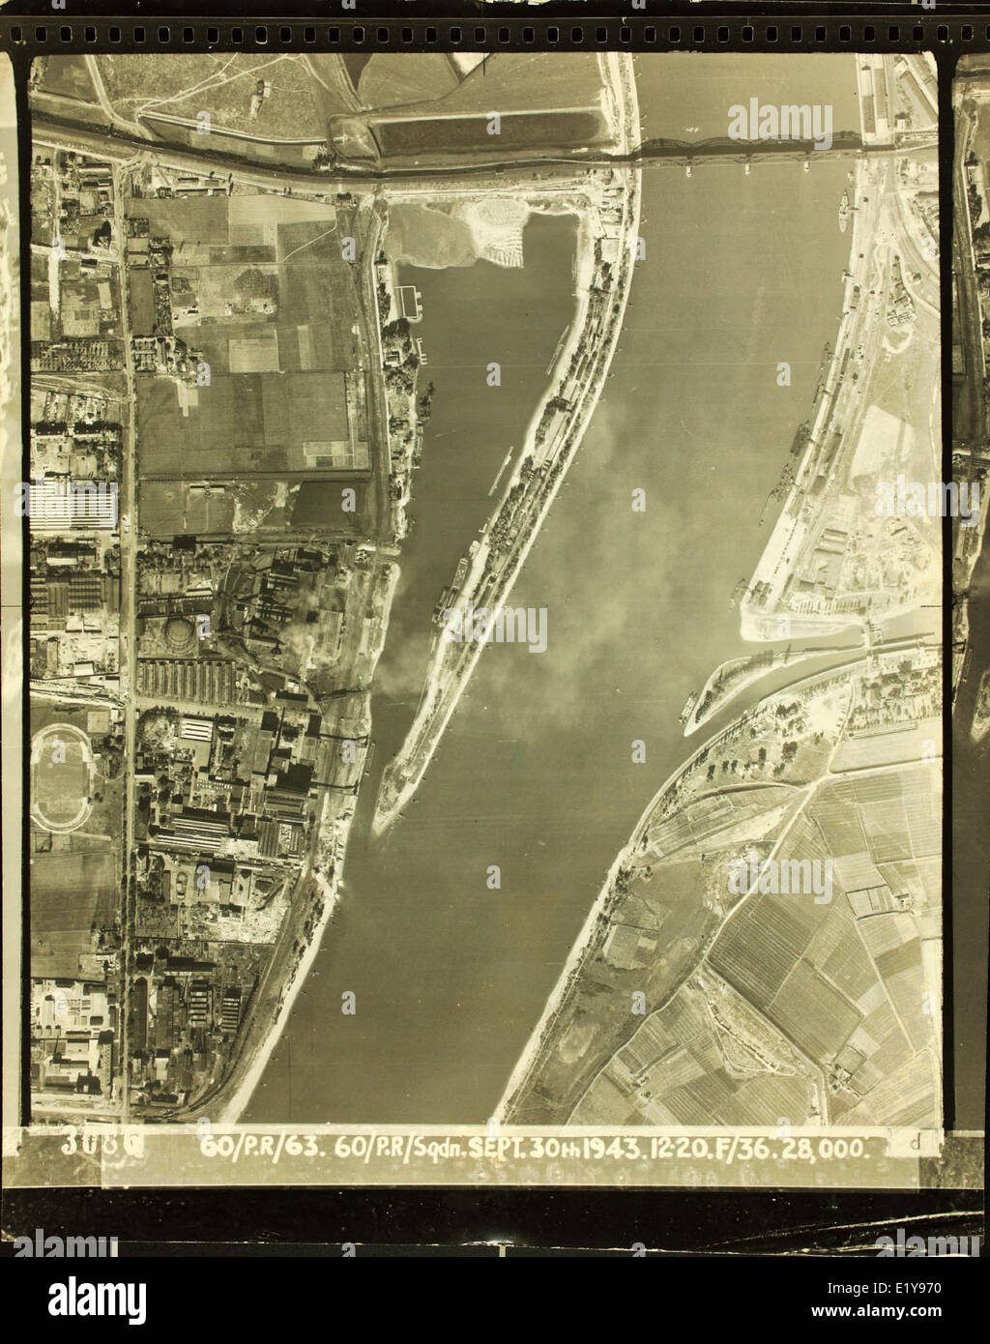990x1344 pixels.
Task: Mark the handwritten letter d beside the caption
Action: tap(913, 1143)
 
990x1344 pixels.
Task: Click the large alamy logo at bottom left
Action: tap(87, 1296)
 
